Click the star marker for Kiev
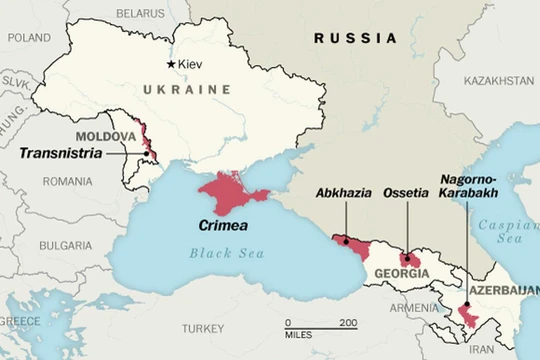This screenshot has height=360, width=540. pyautogui.click(x=171, y=64)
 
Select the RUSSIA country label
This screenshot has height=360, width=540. pyautogui.click(x=354, y=38)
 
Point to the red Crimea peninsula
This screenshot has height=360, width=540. pyautogui.click(x=233, y=189)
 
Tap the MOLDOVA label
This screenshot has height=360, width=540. pyautogui.click(x=105, y=136)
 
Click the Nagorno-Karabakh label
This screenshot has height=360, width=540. pyautogui.click(x=468, y=187)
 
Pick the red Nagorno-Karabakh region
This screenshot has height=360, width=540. pyautogui.click(x=467, y=318)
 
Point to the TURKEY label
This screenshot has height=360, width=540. pyautogui.click(x=203, y=328)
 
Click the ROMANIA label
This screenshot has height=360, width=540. pyautogui.click(x=67, y=182)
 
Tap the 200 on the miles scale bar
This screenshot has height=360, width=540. pyautogui.click(x=347, y=322)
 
